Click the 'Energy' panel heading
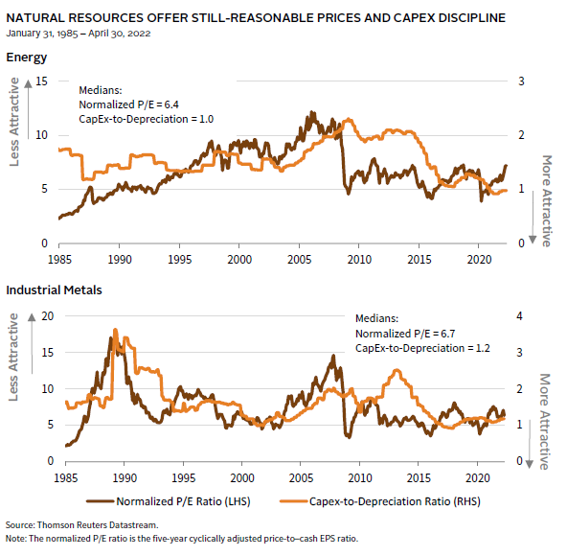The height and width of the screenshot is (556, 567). [x=27, y=58]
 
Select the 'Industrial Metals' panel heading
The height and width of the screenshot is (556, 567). [x=54, y=290]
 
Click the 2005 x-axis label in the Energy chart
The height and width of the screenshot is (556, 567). [x=299, y=260]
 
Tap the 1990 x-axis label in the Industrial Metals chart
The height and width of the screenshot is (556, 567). [x=125, y=477]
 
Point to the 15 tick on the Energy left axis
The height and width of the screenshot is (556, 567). [x=41, y=81]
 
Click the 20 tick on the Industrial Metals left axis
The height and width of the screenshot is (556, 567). [x=47, y=316]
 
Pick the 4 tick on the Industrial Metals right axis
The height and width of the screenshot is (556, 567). [x=520, y=316]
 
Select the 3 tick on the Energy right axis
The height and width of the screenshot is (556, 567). [x=521, y=81]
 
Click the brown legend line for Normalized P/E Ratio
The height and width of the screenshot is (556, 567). [x=101, y=501]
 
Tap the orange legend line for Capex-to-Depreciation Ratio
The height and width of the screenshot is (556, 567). [x=294, y=501]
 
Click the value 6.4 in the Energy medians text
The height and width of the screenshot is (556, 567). [x=171, y=104]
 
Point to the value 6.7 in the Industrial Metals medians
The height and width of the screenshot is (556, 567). [x=447, y=334]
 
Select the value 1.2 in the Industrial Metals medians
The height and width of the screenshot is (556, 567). [x=483, y=348]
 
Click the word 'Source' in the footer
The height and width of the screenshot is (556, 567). [x=20, y=525]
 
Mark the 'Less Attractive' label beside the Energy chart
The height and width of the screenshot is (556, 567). [x=13, y=122]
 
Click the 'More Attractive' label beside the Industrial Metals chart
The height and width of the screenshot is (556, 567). [x=545, y=422]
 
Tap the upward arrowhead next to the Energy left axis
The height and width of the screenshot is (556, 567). [x=28, y=84]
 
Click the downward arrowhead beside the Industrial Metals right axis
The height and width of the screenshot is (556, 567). [x=530, y=464]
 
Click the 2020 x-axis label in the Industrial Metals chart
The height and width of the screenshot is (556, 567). [x=477, y=477]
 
